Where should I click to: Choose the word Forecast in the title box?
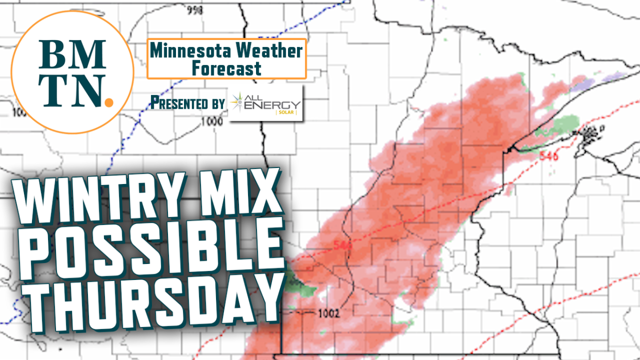coord(227,68)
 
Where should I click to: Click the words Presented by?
coord(187,102)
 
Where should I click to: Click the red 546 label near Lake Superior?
coord(549,156)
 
